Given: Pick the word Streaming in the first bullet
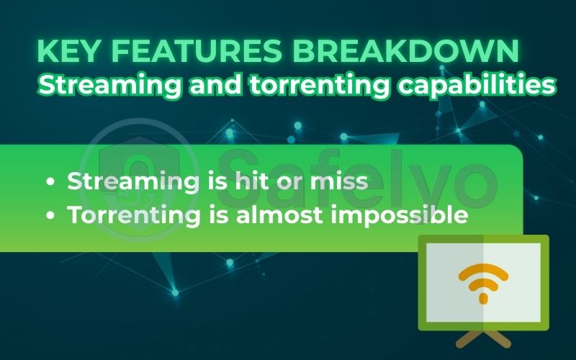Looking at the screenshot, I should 132,182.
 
